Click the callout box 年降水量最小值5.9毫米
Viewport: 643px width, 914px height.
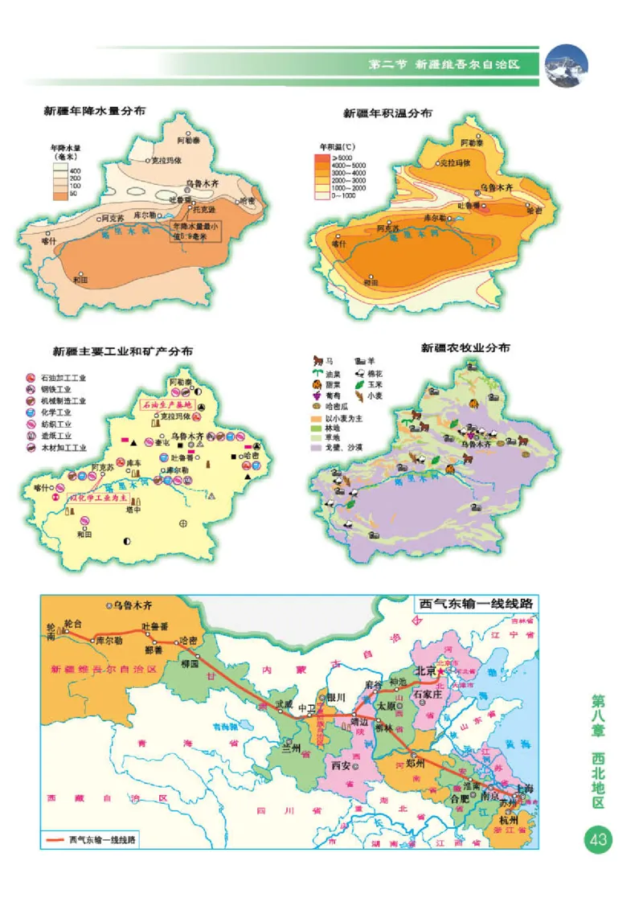pyautogui.click(x=194, y=232)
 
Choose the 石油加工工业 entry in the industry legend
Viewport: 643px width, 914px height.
pyautogui.click(x=63, y=377)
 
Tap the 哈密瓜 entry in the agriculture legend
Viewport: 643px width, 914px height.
pyautogui.click(x=338, y=408)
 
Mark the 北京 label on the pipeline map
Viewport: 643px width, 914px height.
pyautogui.click(x=424, y=670)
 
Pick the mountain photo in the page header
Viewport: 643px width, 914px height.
pyautogui.click(x=567, y=65)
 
